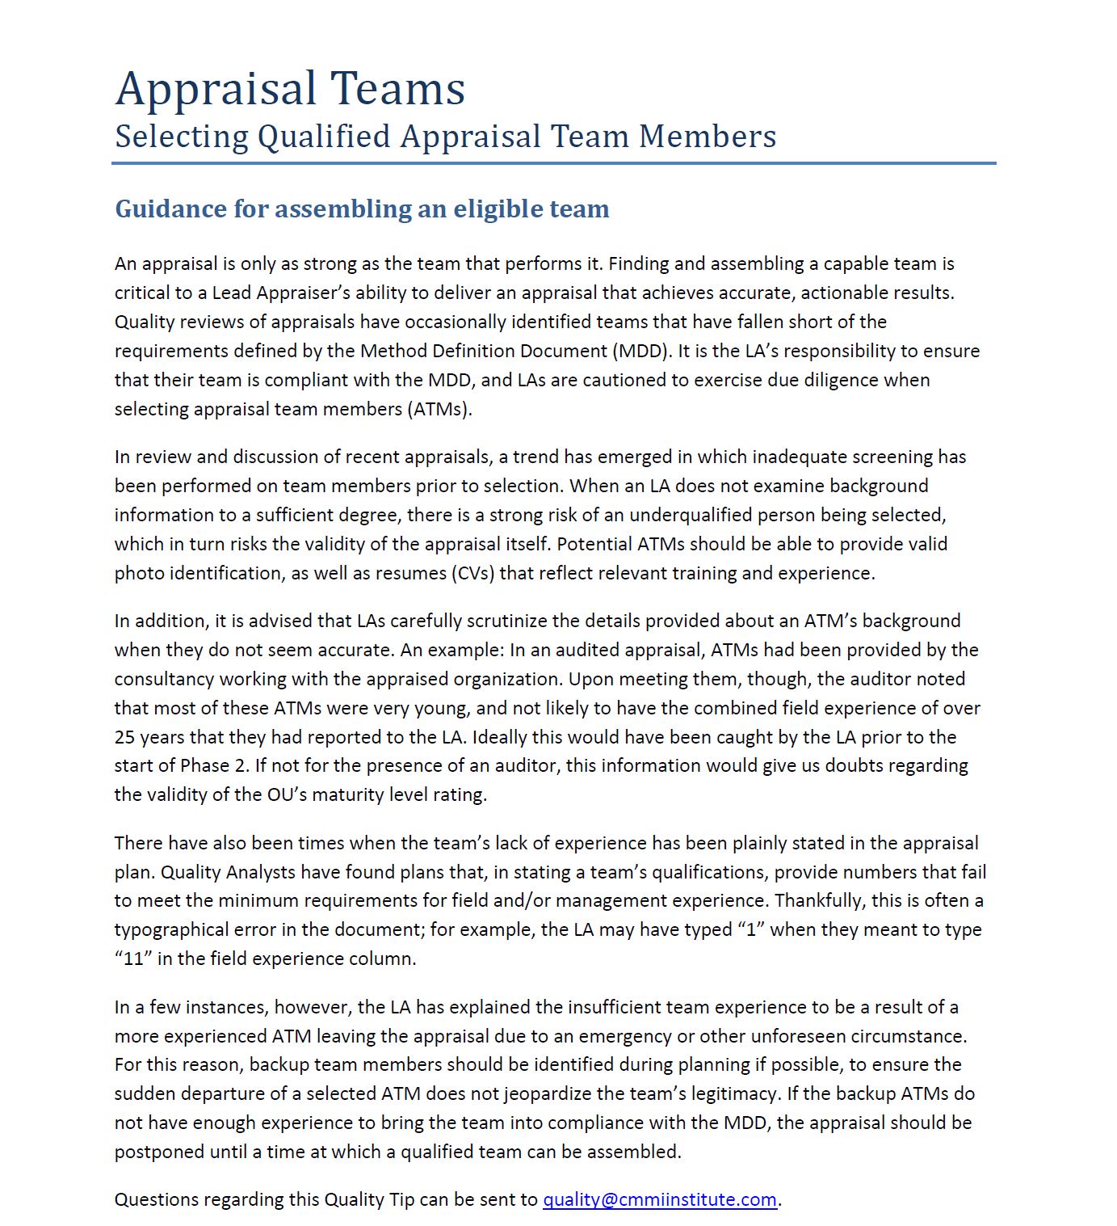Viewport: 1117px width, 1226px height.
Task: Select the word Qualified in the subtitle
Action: [x=324, y=137]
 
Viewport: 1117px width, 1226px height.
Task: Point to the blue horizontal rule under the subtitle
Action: [x=553, y=163]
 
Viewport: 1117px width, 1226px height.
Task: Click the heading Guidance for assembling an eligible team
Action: [x=362, y=209]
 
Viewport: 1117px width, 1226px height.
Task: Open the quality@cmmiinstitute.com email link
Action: [x=659, y=1199]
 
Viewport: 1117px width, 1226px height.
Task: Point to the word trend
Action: [x=535, y=457]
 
